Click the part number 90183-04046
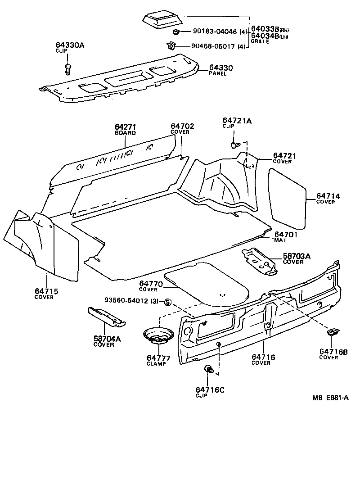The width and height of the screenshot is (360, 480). pyautogui.click(x=216, y=32)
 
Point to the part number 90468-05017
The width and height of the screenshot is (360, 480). pyautogui.click(x=216, y=46)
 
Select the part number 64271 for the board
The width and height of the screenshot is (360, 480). pyautogui.click(x=125, y=127)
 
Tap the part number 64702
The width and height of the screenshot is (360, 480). pyautogui.click(x=182, y=127)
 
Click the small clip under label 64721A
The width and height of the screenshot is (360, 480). pyautogui.click(x=234, y=145)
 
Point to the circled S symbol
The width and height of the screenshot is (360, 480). pyautogui.click(x=167, y=302)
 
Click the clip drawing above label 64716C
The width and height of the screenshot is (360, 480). pyautogui.click(x=209, y=369)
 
